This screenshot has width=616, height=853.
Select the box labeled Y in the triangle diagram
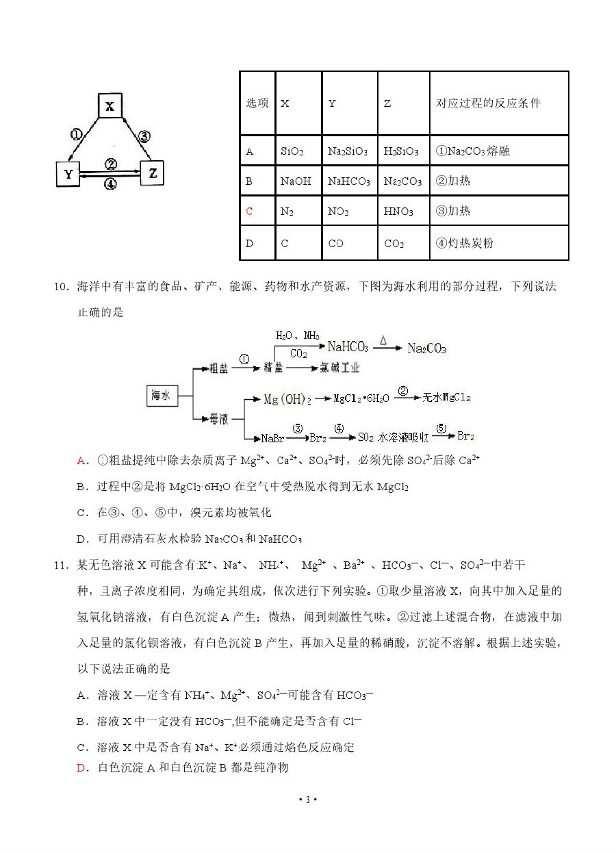(68, 174)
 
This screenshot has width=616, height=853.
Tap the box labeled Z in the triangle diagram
(153, 173)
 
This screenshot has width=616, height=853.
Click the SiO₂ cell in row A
(292, 151)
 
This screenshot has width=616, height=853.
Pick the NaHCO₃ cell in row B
(348, 181)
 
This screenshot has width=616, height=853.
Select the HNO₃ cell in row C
(398, 212)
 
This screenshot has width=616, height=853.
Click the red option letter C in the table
(249, 212)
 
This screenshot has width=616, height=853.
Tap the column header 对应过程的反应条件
(488, 103)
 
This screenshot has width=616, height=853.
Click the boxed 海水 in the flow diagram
(162, 395)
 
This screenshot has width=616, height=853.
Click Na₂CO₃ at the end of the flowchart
(426, 348)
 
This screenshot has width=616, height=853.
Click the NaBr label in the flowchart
(273, 438)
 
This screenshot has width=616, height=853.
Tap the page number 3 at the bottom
(308, 800)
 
